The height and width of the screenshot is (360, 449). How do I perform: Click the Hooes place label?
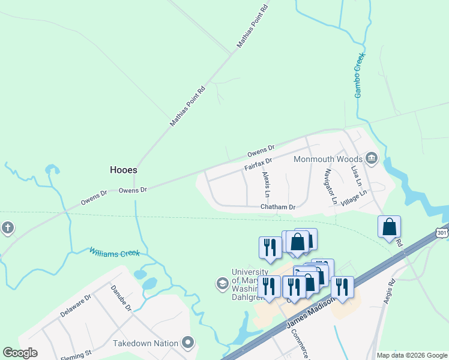(124, 170)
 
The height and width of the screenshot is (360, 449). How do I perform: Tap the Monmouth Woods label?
(328, 160)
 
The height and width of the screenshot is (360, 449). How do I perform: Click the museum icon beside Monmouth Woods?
(372, 158)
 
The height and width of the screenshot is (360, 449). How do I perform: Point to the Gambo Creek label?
(360, 75)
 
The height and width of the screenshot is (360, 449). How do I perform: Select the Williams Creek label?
(115, 253)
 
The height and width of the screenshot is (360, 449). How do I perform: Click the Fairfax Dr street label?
(258, 163)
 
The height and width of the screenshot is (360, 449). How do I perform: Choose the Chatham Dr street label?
(278, 207)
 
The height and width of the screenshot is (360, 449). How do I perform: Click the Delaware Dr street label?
(75, 305)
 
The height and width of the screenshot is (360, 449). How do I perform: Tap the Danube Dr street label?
(120, 298)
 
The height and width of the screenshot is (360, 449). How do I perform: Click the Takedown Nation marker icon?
(188, 343)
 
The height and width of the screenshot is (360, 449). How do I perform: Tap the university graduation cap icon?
(222, 283)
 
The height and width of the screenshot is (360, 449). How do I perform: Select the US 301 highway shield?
(442, 232)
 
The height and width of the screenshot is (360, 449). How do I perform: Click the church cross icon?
(7, 228)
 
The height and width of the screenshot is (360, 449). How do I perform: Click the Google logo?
(20, 353)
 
